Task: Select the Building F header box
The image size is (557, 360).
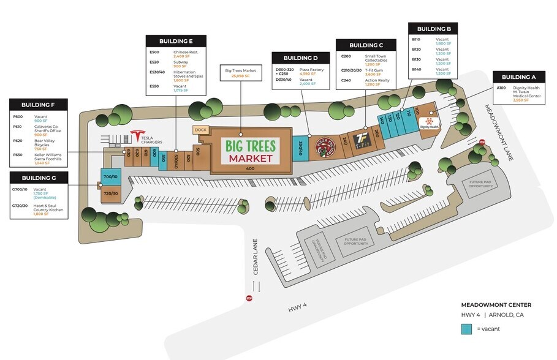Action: (39, 105)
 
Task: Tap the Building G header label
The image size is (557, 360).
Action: (39, 178)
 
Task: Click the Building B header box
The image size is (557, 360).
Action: (434, 29)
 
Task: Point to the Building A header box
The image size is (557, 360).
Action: (518, 77)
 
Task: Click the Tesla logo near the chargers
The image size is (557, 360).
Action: (136, 137)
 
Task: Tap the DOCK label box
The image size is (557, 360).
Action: (200, 130)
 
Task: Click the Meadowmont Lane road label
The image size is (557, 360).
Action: (499, 132)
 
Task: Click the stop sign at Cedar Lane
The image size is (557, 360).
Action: (249, 299)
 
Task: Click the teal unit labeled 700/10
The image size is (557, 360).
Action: (110, 177)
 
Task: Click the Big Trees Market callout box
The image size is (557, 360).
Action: (240, 74)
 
